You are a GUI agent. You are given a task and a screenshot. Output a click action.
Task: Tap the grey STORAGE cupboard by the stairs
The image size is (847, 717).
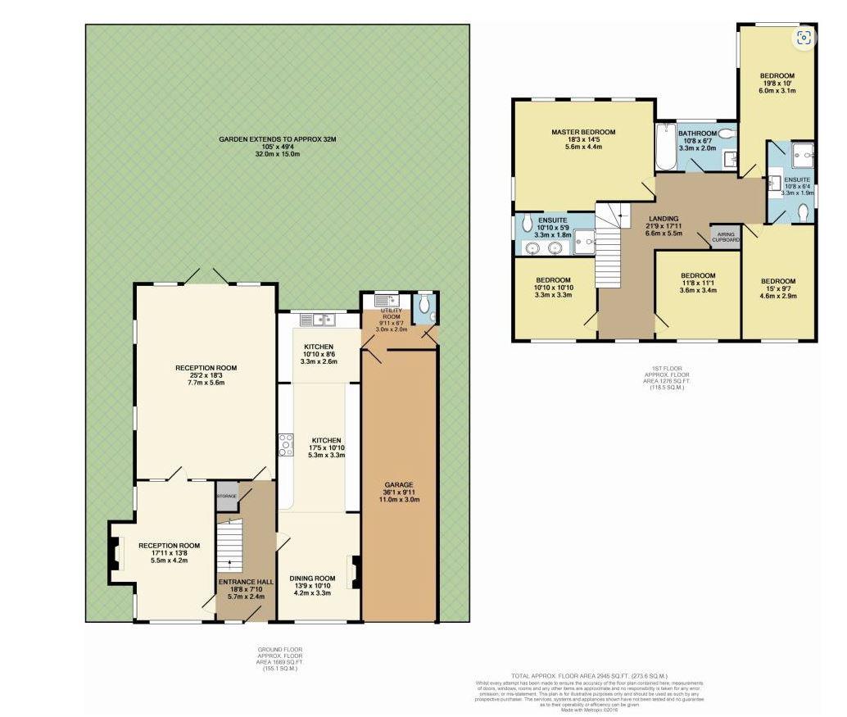point(227,497)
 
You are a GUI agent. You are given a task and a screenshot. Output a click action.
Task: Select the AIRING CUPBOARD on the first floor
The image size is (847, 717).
point(725,237)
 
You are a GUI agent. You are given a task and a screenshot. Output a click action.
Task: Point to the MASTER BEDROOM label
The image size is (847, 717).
point(582,132)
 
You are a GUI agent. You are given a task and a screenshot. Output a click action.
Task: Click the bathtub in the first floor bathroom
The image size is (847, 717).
point(664,147)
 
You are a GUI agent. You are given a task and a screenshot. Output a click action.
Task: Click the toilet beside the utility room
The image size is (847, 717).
point(423,306)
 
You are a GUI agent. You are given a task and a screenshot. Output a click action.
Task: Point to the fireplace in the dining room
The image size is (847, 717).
point(355,571)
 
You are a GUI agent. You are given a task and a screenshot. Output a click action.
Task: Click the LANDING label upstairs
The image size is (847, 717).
point(664,219)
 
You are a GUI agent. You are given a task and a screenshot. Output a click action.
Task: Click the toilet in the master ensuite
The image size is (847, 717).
point(528,222)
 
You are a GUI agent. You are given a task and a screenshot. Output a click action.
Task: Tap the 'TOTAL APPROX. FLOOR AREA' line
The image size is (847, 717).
point(587,676)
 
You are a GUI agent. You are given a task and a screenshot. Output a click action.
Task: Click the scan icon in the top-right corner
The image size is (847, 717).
point(804,36)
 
